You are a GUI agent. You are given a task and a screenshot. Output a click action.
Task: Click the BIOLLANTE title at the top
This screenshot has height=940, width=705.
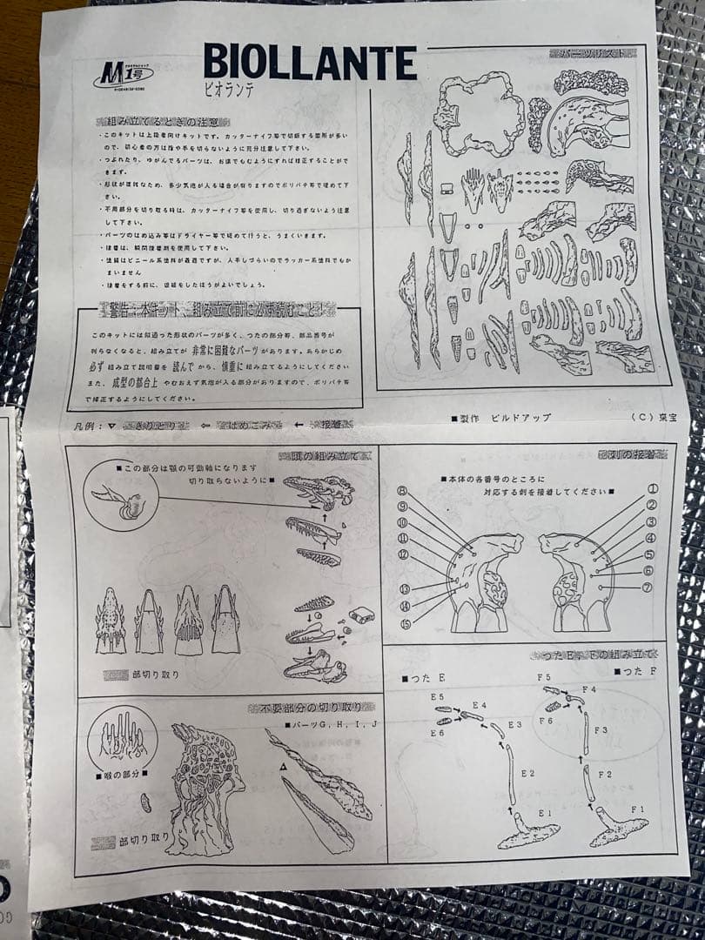(310, 63)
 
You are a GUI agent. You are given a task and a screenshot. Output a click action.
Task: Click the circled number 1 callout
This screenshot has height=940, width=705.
(652, 489)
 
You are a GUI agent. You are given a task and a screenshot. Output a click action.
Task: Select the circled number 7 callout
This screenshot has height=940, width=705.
(652, 587)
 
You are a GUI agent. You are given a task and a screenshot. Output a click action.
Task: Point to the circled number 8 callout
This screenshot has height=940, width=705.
(402, 491)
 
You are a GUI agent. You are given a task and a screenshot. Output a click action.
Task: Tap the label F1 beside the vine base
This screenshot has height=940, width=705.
(638, 809)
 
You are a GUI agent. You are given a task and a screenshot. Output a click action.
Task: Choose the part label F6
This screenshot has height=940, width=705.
(546, 722)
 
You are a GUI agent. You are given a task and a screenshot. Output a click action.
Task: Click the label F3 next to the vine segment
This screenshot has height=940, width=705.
(601, 730)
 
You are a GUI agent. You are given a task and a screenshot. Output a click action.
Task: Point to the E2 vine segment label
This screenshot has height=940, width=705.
(527, 773)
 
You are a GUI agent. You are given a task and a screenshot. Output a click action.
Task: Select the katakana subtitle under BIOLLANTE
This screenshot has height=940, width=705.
(231, 91)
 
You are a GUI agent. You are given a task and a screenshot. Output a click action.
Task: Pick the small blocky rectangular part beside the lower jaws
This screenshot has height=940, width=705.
(361, 615)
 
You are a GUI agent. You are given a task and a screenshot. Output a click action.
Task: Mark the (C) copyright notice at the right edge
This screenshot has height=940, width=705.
(648, 417)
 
